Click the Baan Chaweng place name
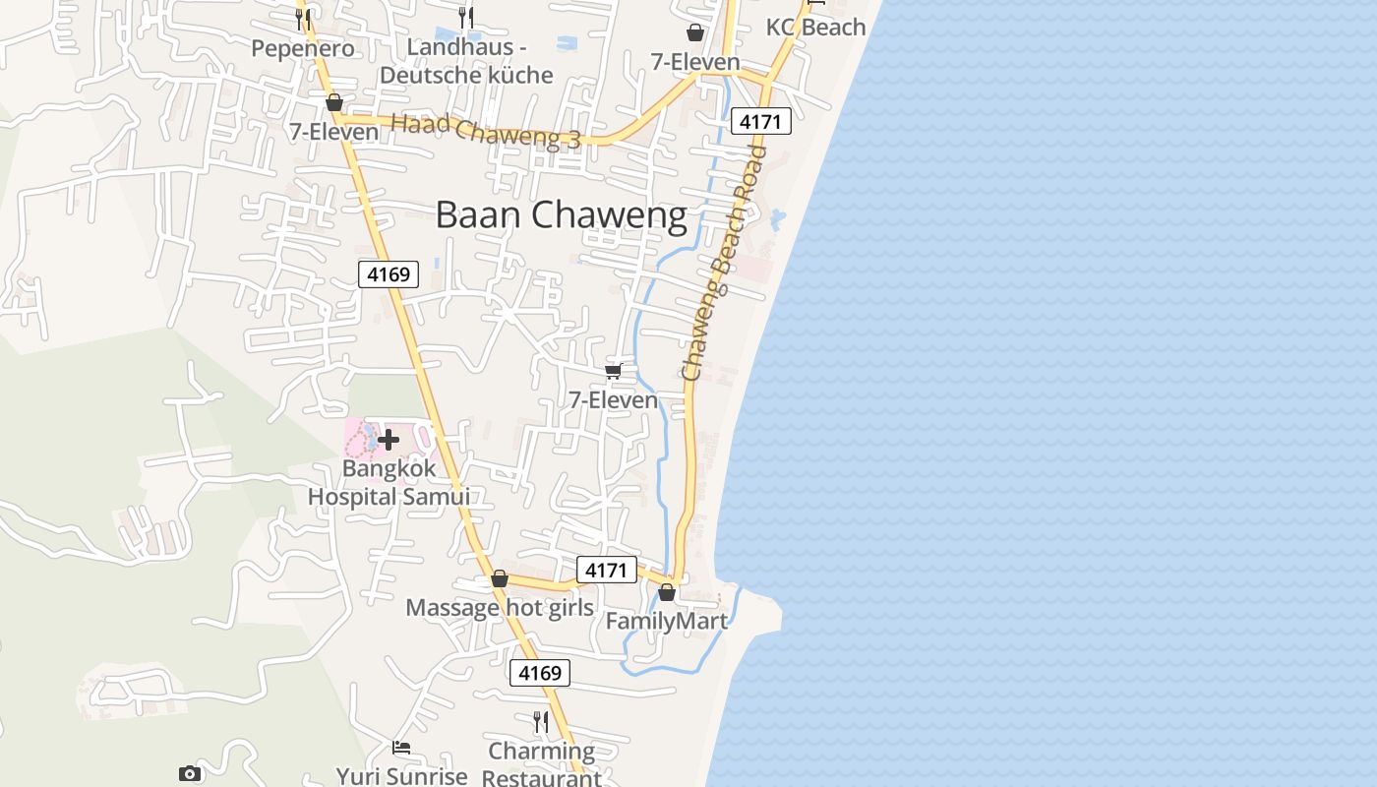pyautogui.click(x=561, y=214)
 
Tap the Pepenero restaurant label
pyautogui.click(x=302, y=48)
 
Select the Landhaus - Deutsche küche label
pyautogui.click(x=466, y=61)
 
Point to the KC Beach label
pyautogui.click(x=815, y=27)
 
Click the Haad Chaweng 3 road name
pyautogui.click(x=486, y=132)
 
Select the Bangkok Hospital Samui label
pyautogui.click(x=389, y=482)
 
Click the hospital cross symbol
pyautogui.click(x=389, y=440)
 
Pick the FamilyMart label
pyautogui.click(x=666, y=621)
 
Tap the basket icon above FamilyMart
pyautogui.click(x=667, y=592)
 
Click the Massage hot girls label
pyautogui.click(x=500, y=607)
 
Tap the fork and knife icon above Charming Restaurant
pyautogui.click(x=540, y=721)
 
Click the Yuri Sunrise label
pyautogui.click(x=401, y=775)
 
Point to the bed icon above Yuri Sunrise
pyautogui.click(x=401, y=748)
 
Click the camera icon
pyautogui.click(x=190, y=773)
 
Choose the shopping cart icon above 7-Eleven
pyautogui.click(x=614, y=371)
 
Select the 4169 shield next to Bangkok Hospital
pyautogui.click(x=389, y=274)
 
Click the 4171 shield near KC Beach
pyautogui.click(x=760, y=122)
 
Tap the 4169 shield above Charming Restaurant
pyautogui.click(x=539, y=673)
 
